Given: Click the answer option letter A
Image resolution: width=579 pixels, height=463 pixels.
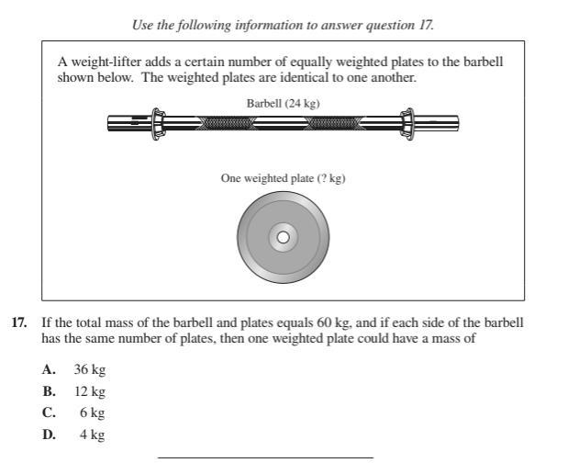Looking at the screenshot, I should pos(48,369).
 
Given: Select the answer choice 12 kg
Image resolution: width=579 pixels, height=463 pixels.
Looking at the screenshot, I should pos(90,391).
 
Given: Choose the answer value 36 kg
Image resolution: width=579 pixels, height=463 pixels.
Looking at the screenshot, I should pos(90,369).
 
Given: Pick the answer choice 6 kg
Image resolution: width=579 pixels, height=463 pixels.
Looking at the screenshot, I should pos(92,413).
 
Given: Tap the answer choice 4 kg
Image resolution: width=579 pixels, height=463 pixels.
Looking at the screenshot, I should pos(92,435).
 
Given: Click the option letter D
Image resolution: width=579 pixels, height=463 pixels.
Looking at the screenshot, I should pos(48,435).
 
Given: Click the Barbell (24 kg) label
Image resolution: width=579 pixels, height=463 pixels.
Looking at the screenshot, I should pos(283,104).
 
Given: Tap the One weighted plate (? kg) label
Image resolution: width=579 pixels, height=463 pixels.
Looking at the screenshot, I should pos(283,178).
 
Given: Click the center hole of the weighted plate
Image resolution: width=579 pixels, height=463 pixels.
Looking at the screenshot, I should pos(283,238).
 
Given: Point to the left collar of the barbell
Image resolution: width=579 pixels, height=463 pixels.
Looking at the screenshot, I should pos(157,121).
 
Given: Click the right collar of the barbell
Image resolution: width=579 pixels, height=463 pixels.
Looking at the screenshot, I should pos(406,121).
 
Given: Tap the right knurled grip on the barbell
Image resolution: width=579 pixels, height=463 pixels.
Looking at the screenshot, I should pos(337,121).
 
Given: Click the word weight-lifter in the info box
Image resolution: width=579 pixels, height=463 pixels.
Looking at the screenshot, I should pos(101,62).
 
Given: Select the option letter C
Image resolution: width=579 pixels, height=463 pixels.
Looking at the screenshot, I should pos(48,413).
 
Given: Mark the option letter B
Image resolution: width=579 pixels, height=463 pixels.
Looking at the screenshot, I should pos(48,391).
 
